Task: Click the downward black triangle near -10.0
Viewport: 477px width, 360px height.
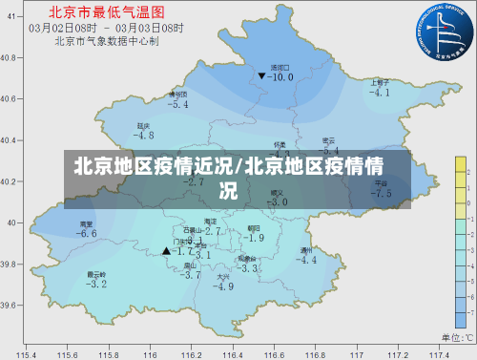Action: [261, 75]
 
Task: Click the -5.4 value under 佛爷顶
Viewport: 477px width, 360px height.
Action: [177, 105]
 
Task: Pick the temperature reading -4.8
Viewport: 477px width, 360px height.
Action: [143, 136]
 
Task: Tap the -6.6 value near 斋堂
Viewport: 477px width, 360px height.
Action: [87, 234]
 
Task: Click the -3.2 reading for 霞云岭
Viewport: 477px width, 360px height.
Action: [96, 284]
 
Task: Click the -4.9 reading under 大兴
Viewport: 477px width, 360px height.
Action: [223, 286]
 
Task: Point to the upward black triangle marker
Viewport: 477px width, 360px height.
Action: [166, 251]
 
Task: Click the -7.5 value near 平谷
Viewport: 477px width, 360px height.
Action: [381, 193]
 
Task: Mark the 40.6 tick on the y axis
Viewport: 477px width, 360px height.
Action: [9, 98]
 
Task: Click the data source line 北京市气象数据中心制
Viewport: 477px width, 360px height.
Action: [106, 40]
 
